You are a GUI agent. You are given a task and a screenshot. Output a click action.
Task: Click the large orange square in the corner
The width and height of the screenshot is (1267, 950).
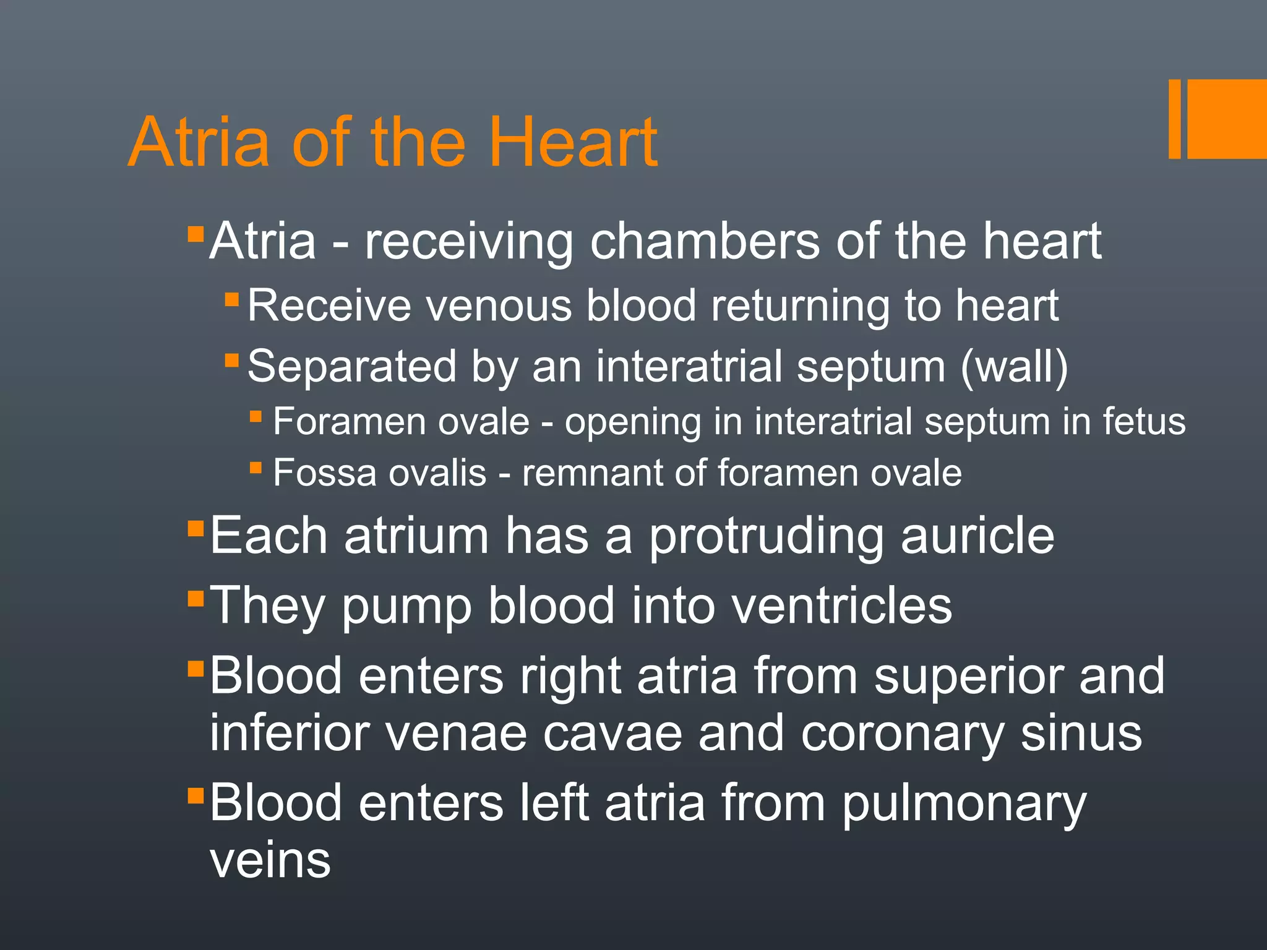pyautogui.click(x=1227, y=119)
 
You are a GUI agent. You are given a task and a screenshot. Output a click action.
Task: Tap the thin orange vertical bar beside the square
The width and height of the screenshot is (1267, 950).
pyautogui.click(x=1174, y=119)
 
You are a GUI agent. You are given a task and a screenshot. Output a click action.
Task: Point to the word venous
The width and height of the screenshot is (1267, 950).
pyautogui.click(x=492, y=306)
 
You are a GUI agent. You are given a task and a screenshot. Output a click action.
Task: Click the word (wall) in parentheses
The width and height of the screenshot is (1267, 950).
pyautogui.click(x=1014, y=366)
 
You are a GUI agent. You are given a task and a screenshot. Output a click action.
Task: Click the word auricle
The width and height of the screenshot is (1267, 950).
pyautogui.click(x=977, y=536)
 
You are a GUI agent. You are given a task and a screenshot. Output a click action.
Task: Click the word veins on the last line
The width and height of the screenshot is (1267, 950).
pyautogui.click(x=270, y=860)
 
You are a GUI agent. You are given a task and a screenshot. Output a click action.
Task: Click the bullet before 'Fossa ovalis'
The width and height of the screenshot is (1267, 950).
pyautogui.click(x=256, y=468)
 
